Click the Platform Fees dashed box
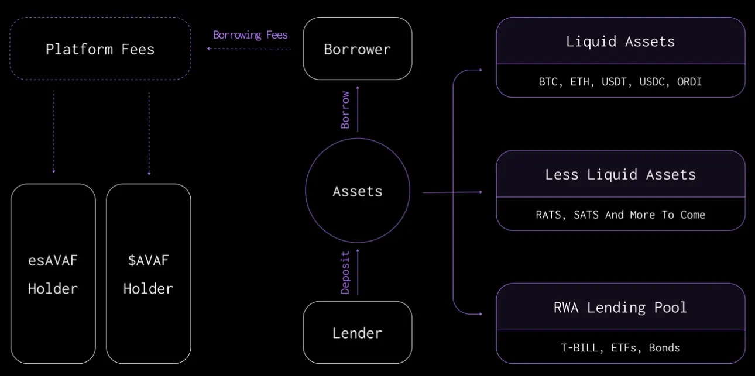coord(100,49)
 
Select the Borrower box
coord(357,49)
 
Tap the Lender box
coord(357,333)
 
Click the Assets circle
coord(357,191)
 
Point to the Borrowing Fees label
coord(250,35)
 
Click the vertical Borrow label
coord(345,109)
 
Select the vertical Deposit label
coord(345,272)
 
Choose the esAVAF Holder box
coord(53,274)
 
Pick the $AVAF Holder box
coord(148,274)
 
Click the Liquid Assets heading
coord(620,42)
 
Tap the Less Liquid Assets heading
coord(620,174)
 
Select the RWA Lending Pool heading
coord(620,308)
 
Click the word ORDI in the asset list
coord(689,82)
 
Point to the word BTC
coord(548,82)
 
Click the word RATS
coord(548,215)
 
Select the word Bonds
coord(664,348)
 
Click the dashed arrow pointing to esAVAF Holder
coord(53,132)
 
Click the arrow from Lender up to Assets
coord(358,272)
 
